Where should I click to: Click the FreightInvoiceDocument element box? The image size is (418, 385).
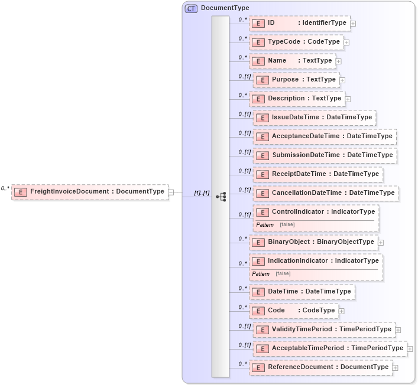click(89, 192)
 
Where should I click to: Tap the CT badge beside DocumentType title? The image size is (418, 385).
click(191, 8)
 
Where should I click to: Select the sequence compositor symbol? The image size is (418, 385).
click(221, 196)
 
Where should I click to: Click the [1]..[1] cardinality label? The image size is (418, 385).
click(202, 193)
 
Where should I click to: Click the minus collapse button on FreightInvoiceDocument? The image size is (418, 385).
click(171, 192)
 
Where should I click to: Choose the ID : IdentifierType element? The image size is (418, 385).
click(300, 23)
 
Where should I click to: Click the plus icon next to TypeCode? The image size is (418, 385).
click(346, 43)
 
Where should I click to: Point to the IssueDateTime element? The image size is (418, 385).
click(315, 118)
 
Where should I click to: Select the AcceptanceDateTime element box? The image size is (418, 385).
click(325, 136)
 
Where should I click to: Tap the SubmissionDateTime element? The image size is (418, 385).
click(325, 155)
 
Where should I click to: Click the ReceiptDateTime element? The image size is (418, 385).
click(318, 174)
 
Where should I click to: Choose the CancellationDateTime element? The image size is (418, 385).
click(326, 193)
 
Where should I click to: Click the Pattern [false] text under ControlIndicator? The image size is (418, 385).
click(276, 225)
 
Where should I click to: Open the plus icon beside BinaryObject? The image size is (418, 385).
click(381, 242)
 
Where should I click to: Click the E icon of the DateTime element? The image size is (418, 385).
click(257, 292)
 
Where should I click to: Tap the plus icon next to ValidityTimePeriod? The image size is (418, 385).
click(398, 330)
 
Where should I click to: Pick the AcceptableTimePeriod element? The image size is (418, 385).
click(330, 348)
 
